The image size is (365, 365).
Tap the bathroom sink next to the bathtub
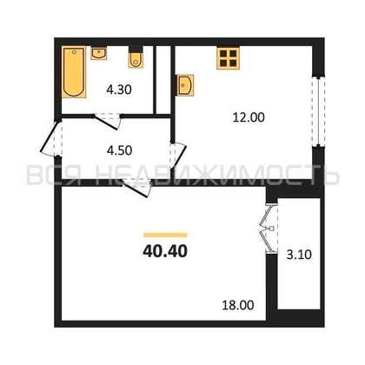tap(98, 54)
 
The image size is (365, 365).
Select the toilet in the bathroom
tap(136, 58)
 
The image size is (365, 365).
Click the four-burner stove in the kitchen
tap(229, 58)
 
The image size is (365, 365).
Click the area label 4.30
tap(118, 87)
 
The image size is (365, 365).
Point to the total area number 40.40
tap(164, 253)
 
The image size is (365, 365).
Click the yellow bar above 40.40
tap(165, 234)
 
